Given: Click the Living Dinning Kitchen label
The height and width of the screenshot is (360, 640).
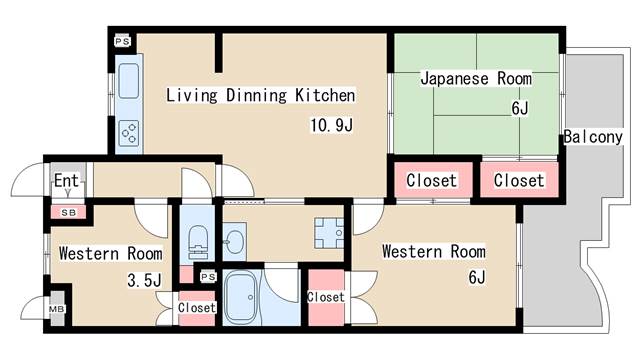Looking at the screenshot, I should click(260, 97).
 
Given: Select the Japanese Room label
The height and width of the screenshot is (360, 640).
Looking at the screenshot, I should click(475, 78).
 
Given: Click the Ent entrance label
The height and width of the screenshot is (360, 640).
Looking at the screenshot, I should click(66, 181).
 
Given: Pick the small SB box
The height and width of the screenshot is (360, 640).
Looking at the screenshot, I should click(68, 212).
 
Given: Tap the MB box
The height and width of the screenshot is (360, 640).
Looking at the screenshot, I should click(57, 309).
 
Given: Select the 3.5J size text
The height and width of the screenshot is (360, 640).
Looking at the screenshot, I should click(143, 280).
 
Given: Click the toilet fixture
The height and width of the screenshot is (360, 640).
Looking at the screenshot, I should click(197, 239).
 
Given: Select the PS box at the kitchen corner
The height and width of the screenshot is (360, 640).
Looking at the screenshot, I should click(122, 41).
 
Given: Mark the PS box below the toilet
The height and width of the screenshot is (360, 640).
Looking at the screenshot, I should click(208, 276).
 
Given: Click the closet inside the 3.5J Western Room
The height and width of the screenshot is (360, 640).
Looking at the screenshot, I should click(196, 308).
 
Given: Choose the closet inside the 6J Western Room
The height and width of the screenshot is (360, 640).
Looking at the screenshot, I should click(325, 298).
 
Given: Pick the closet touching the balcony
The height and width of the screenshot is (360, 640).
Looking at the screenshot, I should click(519, 181).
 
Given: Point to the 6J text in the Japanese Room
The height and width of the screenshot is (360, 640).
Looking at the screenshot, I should click(519, 106).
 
